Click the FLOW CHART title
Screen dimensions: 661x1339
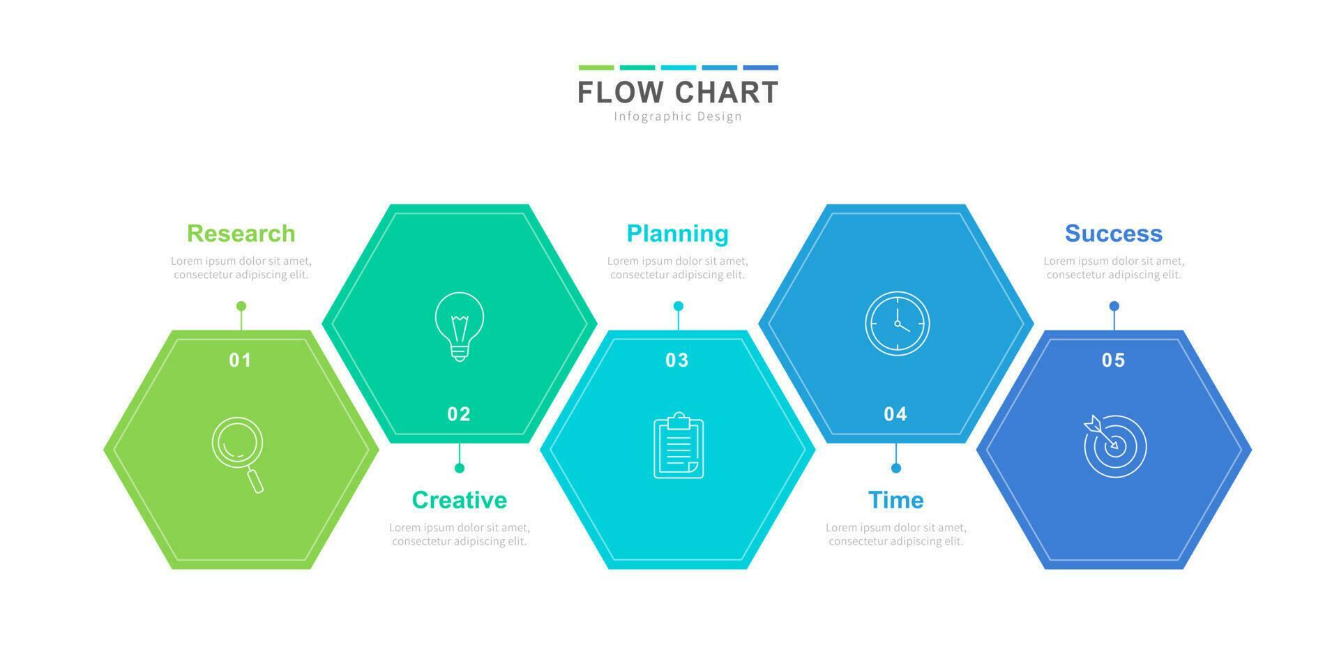[x=677, y=92]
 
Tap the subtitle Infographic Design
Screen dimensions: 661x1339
[x=677, y=116]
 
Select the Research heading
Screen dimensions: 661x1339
[x=241, y=233]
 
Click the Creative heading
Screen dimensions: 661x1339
[x=459, y=500]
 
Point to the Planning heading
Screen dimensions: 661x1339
[x=677, y=233]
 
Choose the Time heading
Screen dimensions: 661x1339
[x=895, y=500]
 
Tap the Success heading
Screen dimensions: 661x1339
[x=1113, y=233]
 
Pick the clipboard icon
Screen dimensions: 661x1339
[x=678, y=446]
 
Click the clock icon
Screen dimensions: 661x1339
[x=897, y=324]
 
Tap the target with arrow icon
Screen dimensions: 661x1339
[x=1114, y=446]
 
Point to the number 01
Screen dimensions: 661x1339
[x=240, y=360]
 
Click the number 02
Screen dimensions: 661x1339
[x=459, y=414]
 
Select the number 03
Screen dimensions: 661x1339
[x=676, y=360]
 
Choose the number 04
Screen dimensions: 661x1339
[x=895, y=414]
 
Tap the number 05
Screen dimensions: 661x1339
[x=1113, y=360]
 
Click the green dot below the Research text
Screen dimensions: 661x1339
[x=241, y=306]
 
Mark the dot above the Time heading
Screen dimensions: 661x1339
[x=896, y=468]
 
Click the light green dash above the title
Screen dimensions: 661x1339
[x=596, y=68]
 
